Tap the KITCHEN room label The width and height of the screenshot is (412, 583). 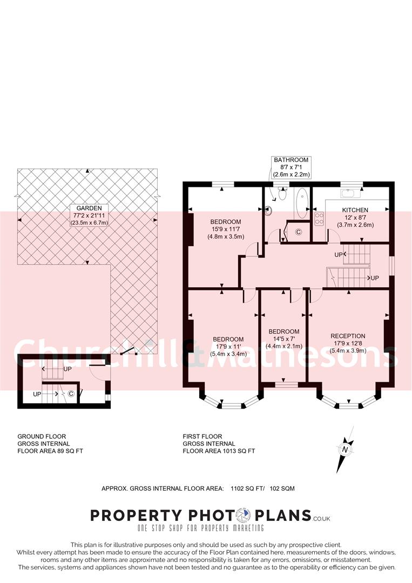(355, 210)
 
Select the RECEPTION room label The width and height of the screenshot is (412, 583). (348, 336)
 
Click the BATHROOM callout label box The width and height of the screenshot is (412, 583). (291, 167)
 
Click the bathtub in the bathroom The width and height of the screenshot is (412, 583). (301, 204)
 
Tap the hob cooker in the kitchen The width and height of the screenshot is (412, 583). (319, 219)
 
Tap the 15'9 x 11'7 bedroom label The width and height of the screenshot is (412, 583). (225, 229)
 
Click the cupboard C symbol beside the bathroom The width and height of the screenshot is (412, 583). (298, 232)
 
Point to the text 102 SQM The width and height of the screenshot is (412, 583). (282, 489)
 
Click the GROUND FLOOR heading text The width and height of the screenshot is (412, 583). (42, 436)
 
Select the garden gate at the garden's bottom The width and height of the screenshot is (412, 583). (128, 352)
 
